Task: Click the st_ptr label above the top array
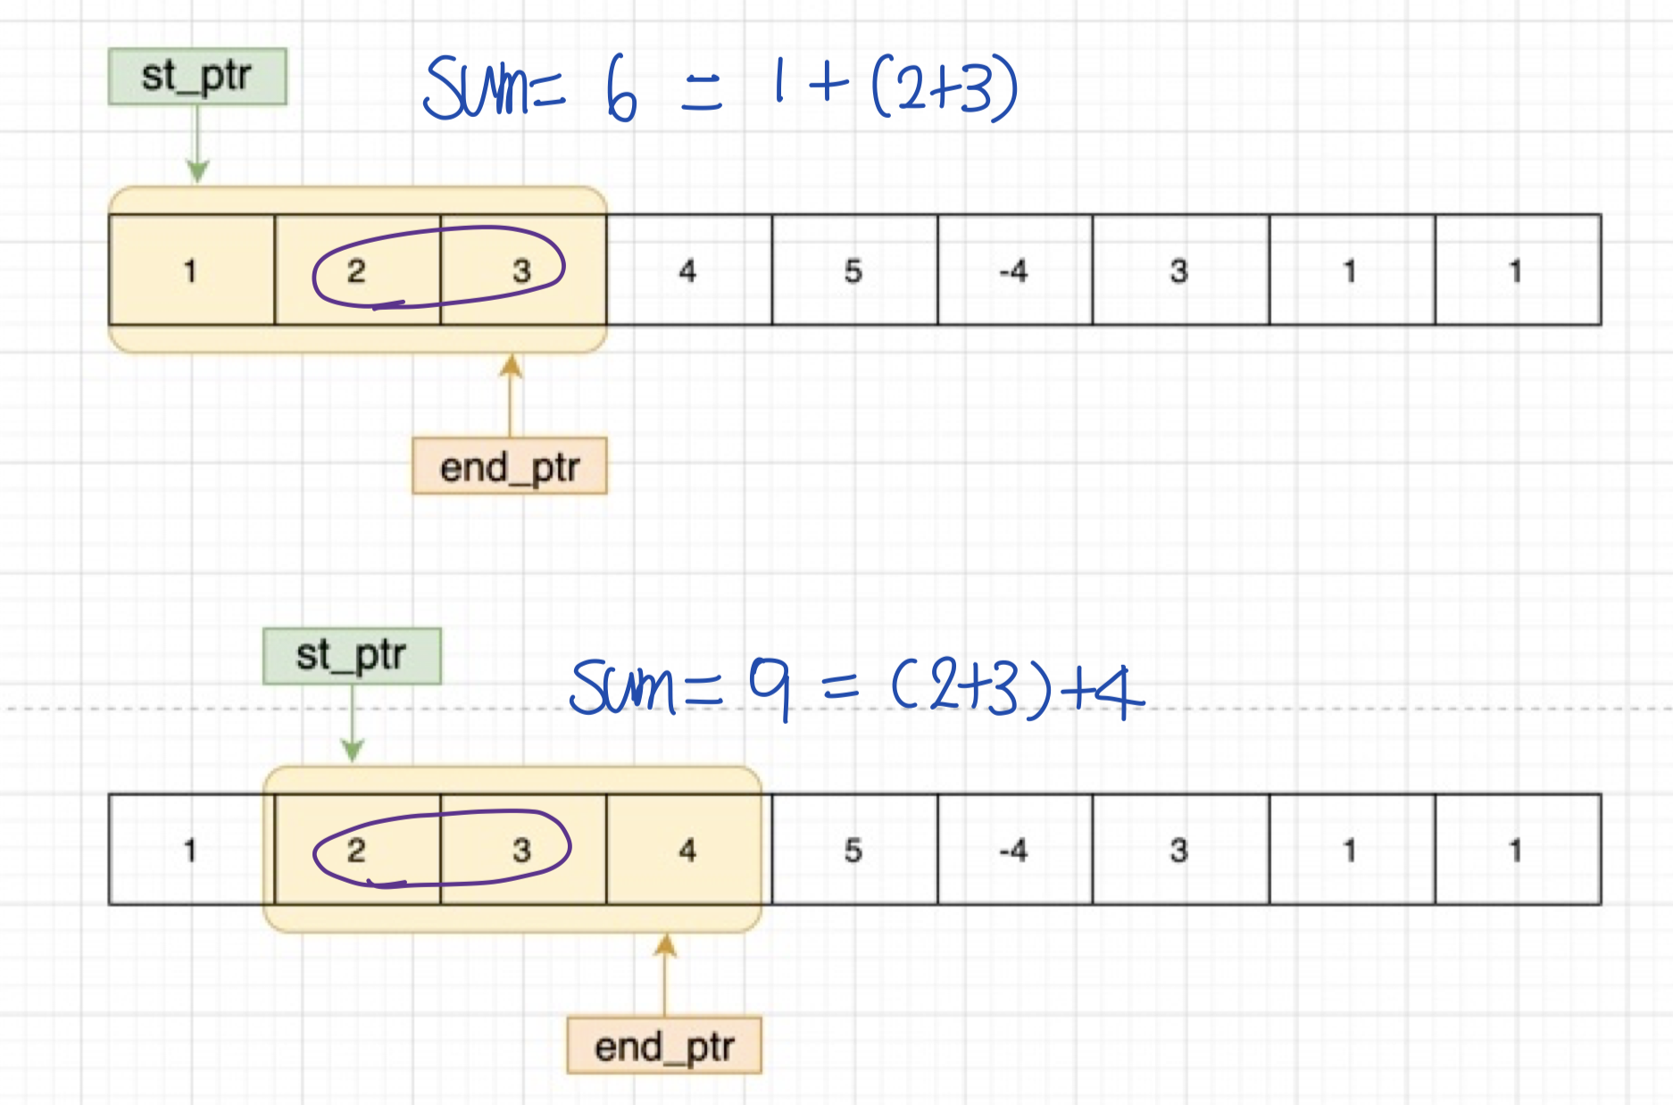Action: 197,77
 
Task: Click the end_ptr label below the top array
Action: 509,466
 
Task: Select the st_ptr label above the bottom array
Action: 352,656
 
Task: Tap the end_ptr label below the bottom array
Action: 664,1045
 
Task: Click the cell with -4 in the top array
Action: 1014,270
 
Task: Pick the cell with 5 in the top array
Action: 853,270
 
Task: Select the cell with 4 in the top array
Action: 687,270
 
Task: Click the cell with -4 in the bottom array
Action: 1014,849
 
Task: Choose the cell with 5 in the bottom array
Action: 853,849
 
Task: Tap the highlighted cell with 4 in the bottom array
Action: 687,849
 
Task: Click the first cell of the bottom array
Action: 190,849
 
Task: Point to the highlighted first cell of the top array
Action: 190,270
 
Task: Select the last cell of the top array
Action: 1517,270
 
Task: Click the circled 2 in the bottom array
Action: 356,849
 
